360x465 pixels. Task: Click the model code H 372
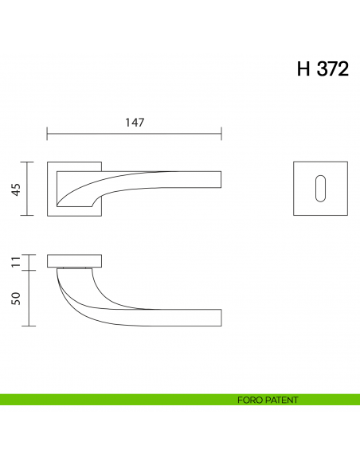point(322,69)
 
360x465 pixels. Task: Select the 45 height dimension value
point(15,189)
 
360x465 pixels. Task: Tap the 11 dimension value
point(15,262)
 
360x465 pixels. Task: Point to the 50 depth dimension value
point(15,299)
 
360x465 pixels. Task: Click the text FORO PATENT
point(268,400)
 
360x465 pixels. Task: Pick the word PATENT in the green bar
point(281,400)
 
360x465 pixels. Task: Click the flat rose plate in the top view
point(75,261)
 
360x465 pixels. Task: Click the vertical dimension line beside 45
point(29,189)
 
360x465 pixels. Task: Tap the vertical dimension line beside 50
point(29,299)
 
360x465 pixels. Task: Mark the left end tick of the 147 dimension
point(48,134)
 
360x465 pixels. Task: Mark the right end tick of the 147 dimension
point(221,134)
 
